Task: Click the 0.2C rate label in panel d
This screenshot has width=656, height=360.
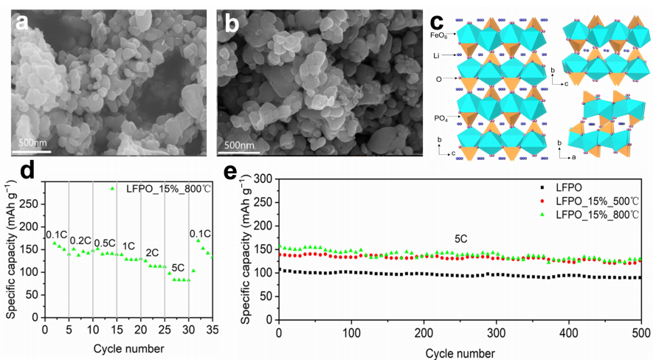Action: point(80,240)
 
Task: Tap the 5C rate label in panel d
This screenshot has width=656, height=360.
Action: point(178,266)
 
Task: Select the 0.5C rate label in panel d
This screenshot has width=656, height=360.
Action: point(104,243)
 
